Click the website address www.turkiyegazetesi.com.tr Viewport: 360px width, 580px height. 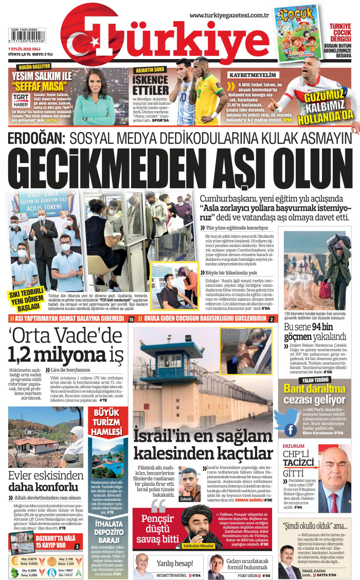(233, 15)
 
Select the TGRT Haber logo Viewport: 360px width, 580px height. (21, 99)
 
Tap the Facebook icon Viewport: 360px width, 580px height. (291, 430)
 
